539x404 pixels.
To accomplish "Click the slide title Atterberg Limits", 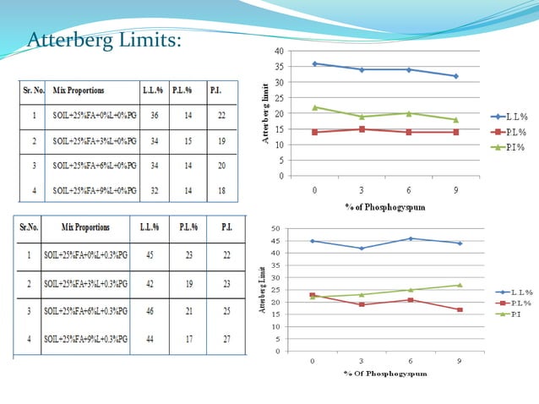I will pyautogui.click(x=104, y=40).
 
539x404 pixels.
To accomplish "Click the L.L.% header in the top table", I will pyautogui.click(x=154, y=89).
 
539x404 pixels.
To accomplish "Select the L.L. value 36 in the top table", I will pyautogui.click(x=154, y=116).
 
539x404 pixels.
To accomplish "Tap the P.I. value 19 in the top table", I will pyautogui.click(x=221, y=141).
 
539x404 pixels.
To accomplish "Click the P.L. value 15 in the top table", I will pyautogui.click(x=187, y=141).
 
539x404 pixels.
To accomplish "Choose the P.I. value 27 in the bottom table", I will pyautogui.click(x=227, y=340).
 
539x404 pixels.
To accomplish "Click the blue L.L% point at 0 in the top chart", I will pyautogui.click(x=314, y=63).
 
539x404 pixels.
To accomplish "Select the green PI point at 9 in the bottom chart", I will pyautogui.click(x=460, y=285).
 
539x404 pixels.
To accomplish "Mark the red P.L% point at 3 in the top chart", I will pyautogui.click(x=362, y=129).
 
